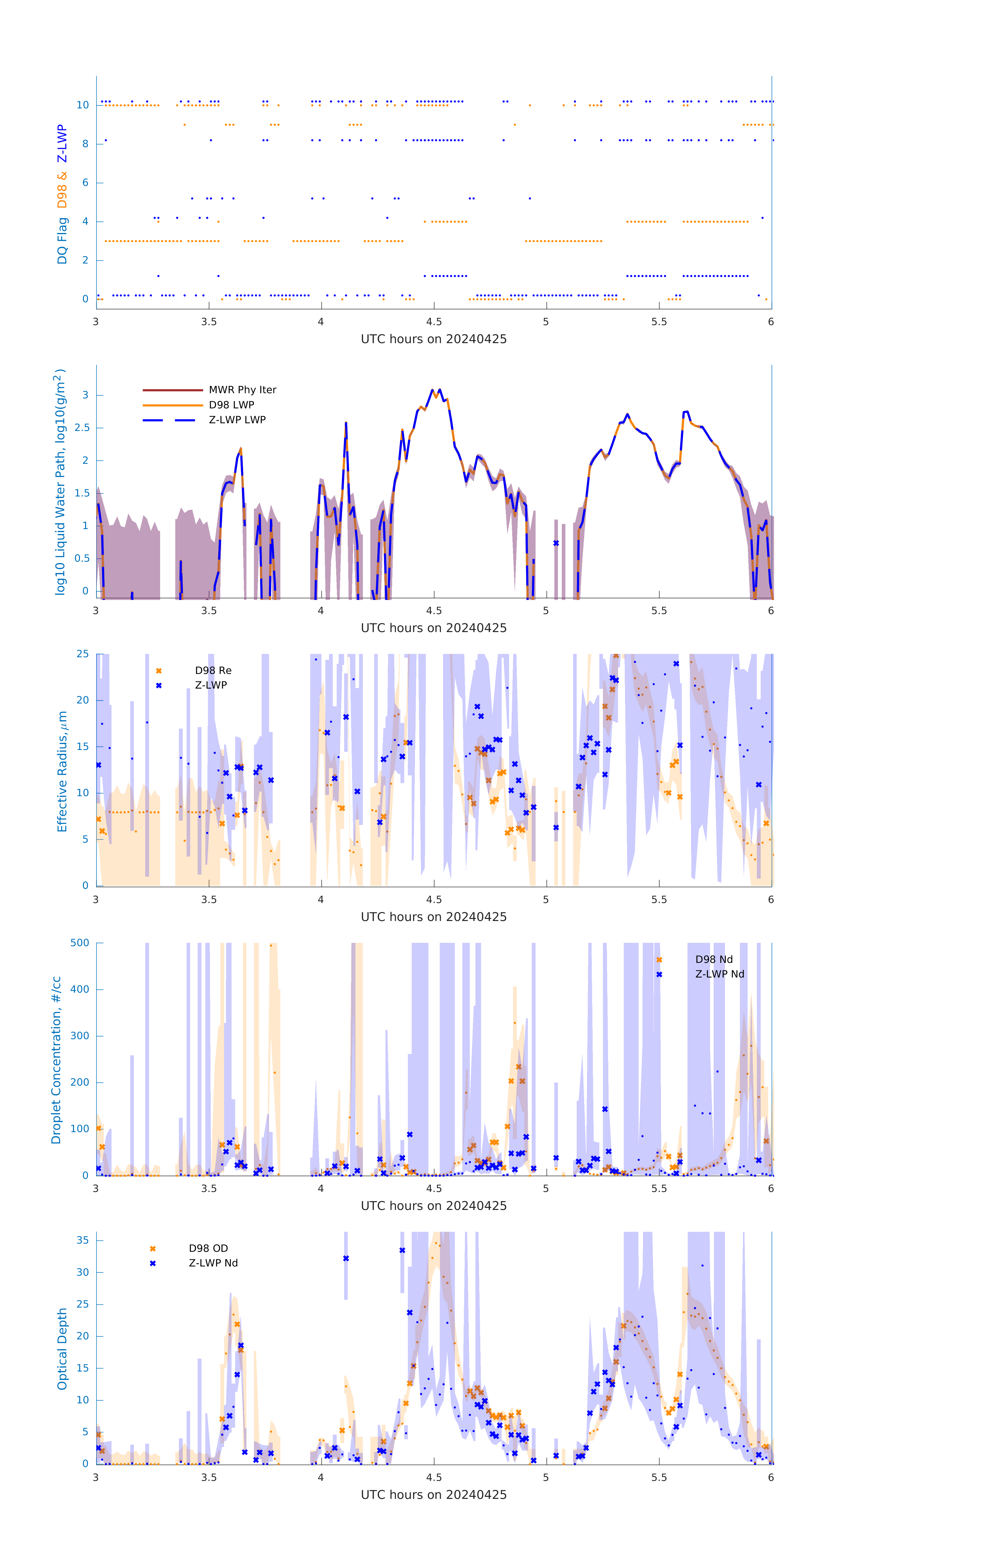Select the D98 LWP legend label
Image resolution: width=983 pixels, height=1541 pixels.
pos(231,405)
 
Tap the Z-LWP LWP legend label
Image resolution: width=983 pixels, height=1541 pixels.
pos(237,420)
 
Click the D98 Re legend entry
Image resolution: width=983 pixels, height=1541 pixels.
pos(213,671)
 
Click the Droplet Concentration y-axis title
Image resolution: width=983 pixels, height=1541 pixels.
pos(56,1060)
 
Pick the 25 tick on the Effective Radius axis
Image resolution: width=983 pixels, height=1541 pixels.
pos(82,654)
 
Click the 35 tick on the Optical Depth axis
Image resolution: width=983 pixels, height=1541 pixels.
pos(82,1240)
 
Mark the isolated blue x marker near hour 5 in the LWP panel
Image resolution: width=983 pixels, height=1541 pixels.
pos(556,543)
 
